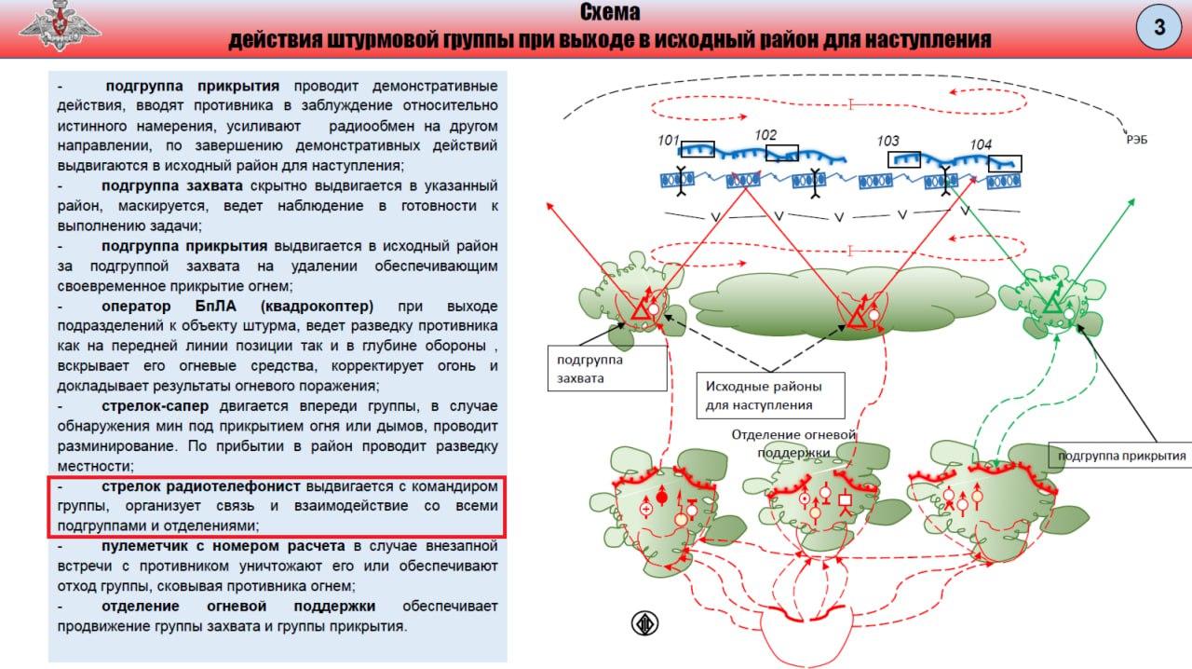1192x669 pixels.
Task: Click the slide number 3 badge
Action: click(x=1158, y=27)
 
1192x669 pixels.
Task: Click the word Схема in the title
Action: click(x=610, y=13)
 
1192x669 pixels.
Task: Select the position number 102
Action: click(x=765, y=136)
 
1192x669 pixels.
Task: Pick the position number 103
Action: click(x=887, y=142)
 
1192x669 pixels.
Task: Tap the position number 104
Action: click(x=981, y=145)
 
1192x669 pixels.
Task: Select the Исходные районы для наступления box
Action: click(x=770, y=395)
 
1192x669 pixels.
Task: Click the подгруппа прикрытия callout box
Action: click(x=1121, y=456)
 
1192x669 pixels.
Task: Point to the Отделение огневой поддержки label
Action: click(x=793, y=444)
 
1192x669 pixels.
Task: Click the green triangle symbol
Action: click(x=1052, y=304)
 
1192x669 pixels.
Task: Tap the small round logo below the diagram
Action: click(x=644, y=623)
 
